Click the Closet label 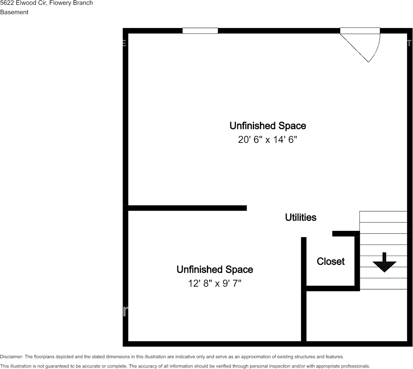[x=330, y=261]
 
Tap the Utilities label [x=300, y=217]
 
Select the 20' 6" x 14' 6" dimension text [x=267, y=140]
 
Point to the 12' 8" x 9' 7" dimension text [x=215, y=283]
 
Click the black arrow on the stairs [x=384, y=263]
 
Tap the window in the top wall [x=200, y=31]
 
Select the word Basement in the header [x=14, y=12]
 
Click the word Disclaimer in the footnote [x=11, y=357]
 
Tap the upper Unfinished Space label [x=267, y=126]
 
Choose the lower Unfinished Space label [x=215, y=270]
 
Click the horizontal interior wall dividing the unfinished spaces [x=187, y=208]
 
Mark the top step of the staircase [x=383, y=217]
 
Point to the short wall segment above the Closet [x=343, y=234]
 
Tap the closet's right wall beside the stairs [x=357, y=261]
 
